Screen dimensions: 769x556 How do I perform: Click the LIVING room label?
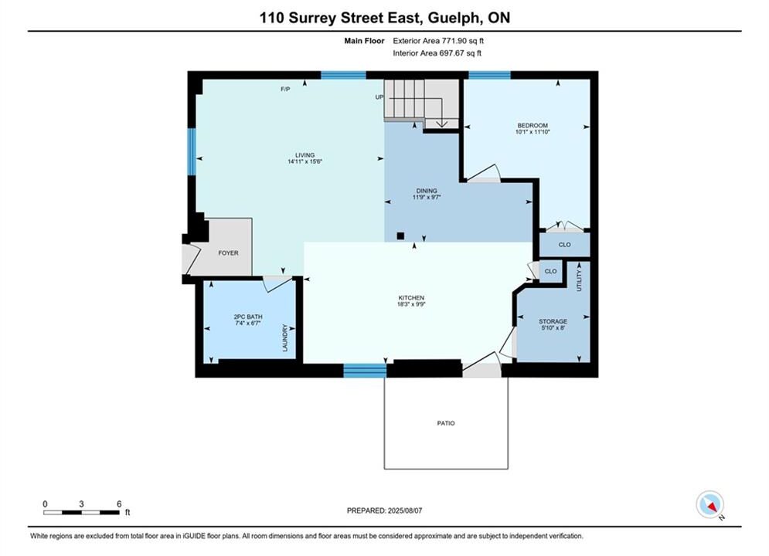[x=305, y=155]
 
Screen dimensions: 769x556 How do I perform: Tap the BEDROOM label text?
[x=533, y=125]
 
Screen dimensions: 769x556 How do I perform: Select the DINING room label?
[x=427, y=191]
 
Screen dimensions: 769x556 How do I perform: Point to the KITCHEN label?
[x=411, y=298]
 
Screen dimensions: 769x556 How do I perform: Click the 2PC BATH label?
[x=248, y=317]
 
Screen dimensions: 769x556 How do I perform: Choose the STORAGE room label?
[x=553, y=322]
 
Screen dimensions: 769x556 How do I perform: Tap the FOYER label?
[x=228, y=253]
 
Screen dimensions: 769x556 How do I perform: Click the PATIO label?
[x=446, y=423]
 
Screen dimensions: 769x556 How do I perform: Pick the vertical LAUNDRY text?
[x=285, y=337]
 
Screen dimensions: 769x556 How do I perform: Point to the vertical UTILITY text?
[x=579, y=280]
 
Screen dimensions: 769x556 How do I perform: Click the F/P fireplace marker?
[x=285, y=89]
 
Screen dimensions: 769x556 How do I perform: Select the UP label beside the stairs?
[x=379, y=97]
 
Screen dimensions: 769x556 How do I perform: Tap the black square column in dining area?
[x=400, y=236]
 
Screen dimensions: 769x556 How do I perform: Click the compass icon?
[x=709, y=504]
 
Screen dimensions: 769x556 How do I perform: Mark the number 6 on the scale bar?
[x=119, y=503]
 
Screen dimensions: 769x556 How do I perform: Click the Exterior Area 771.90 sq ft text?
[x=438, y=41]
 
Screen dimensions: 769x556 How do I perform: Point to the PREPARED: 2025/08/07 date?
[x=385, y=510]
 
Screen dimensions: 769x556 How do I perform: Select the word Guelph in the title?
[x=454, y=18]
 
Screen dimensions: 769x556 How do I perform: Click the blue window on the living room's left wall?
[x=192, y=152]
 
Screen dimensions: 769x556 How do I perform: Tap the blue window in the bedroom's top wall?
[x=489, y=75]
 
